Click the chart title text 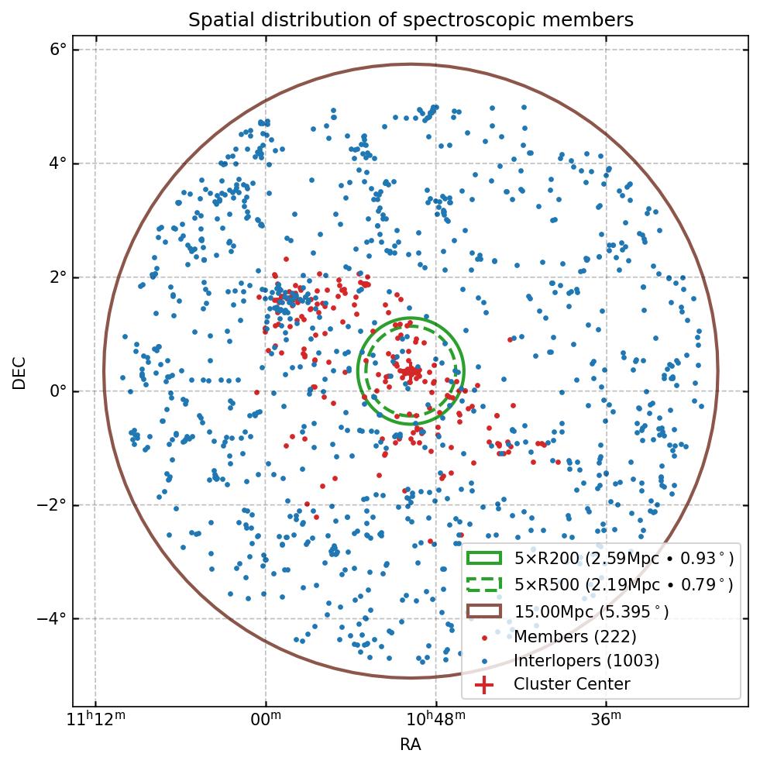tap(411, 20)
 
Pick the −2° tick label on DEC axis tap(52, 505)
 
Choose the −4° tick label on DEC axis tap(52, 619)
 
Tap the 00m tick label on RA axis tap(266, 719)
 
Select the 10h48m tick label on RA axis tap(435, 719)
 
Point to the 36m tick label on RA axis tap(605, 719)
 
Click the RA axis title tap(411, 745)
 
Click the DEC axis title tap(19, 372)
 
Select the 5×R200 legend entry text tap(624, 558)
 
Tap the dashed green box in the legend tap(484, 583)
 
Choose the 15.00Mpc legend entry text tap(591, 611)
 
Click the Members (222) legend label tap(575, 636)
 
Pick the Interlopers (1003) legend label tap(586, 660)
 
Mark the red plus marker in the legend tap(484, 685)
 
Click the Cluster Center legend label tap(572, 684)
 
